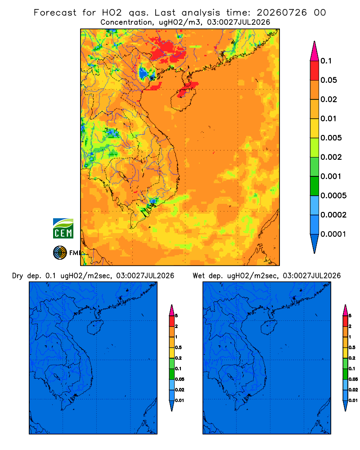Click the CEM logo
point(63,229)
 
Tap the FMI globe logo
point(60,253)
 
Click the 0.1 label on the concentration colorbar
point(326,61)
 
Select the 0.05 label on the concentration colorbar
point(328,80)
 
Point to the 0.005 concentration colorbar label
point(331,138)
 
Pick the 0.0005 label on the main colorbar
point(333,195)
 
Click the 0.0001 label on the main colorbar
point(333,234)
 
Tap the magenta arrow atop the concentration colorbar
point(315,52)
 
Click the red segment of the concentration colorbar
point(315,71)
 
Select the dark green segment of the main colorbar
point(315,186)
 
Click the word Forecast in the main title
point(55,13)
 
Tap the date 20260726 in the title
point(282,13)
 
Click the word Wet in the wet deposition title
point(198,276)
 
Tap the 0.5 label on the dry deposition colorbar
point(178,347)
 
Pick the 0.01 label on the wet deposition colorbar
point(353,400)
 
